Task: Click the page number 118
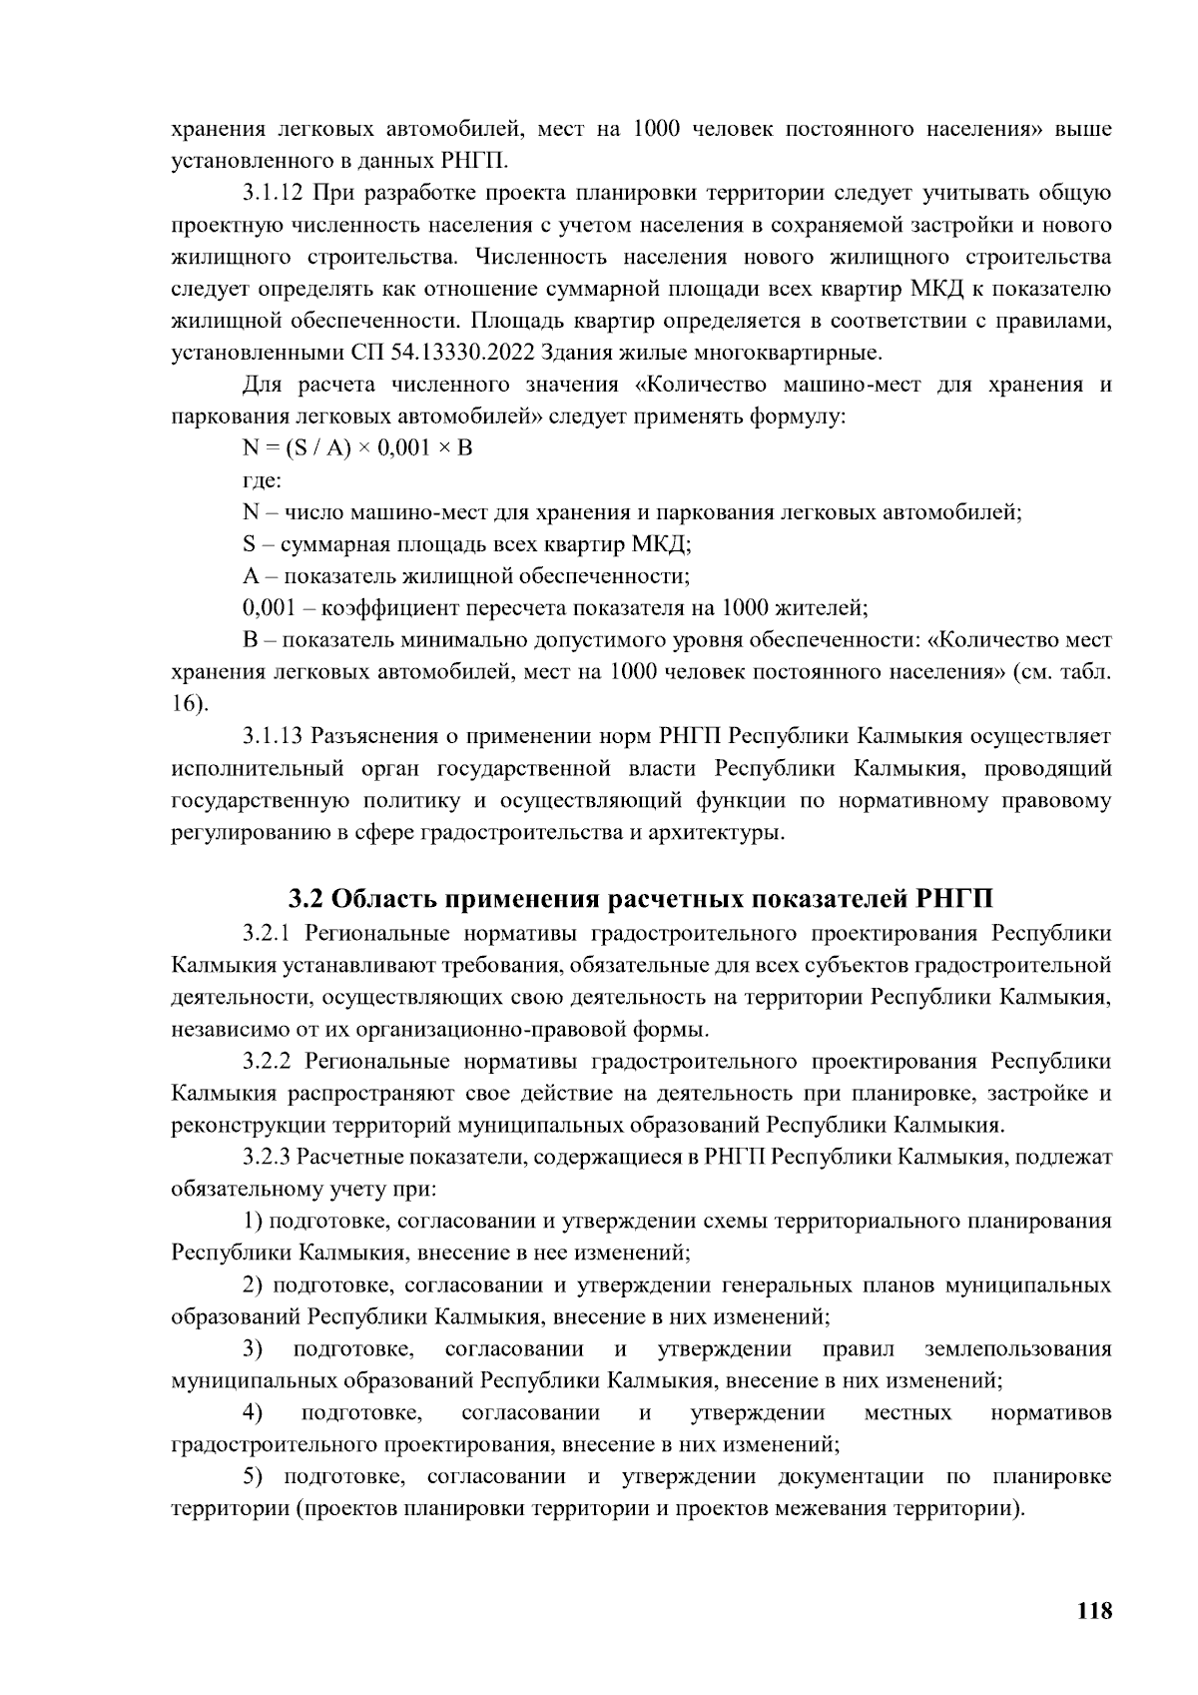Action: pyautogui.click(x=1094, y=1611)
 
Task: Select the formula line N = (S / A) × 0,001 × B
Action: pyautogui.click(x=356, y=447)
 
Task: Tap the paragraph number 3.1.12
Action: pyautogui.click(x=273, y=193)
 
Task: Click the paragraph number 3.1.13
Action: pyautogui.click(x=273, y=737)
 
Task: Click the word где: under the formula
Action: pyautogui.click(x=262, y=479)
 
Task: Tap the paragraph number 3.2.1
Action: pyautogui.click(x=268, y=933)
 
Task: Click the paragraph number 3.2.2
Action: pyautogui.click(x=268, y=1061)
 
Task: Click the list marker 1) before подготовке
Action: pyautogui.click(x=254, y=1221)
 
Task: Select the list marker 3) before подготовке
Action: pyautogui.click(x=254, y=1349)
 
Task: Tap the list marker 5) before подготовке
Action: pyautogui.click(x=254, y=1477)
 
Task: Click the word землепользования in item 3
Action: pyautogui.click(x=1017, y=1349)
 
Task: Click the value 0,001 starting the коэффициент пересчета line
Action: pyautogui.click(x=266, y=607)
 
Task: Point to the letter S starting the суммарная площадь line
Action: pyautogui.click(x=250, y=544)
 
